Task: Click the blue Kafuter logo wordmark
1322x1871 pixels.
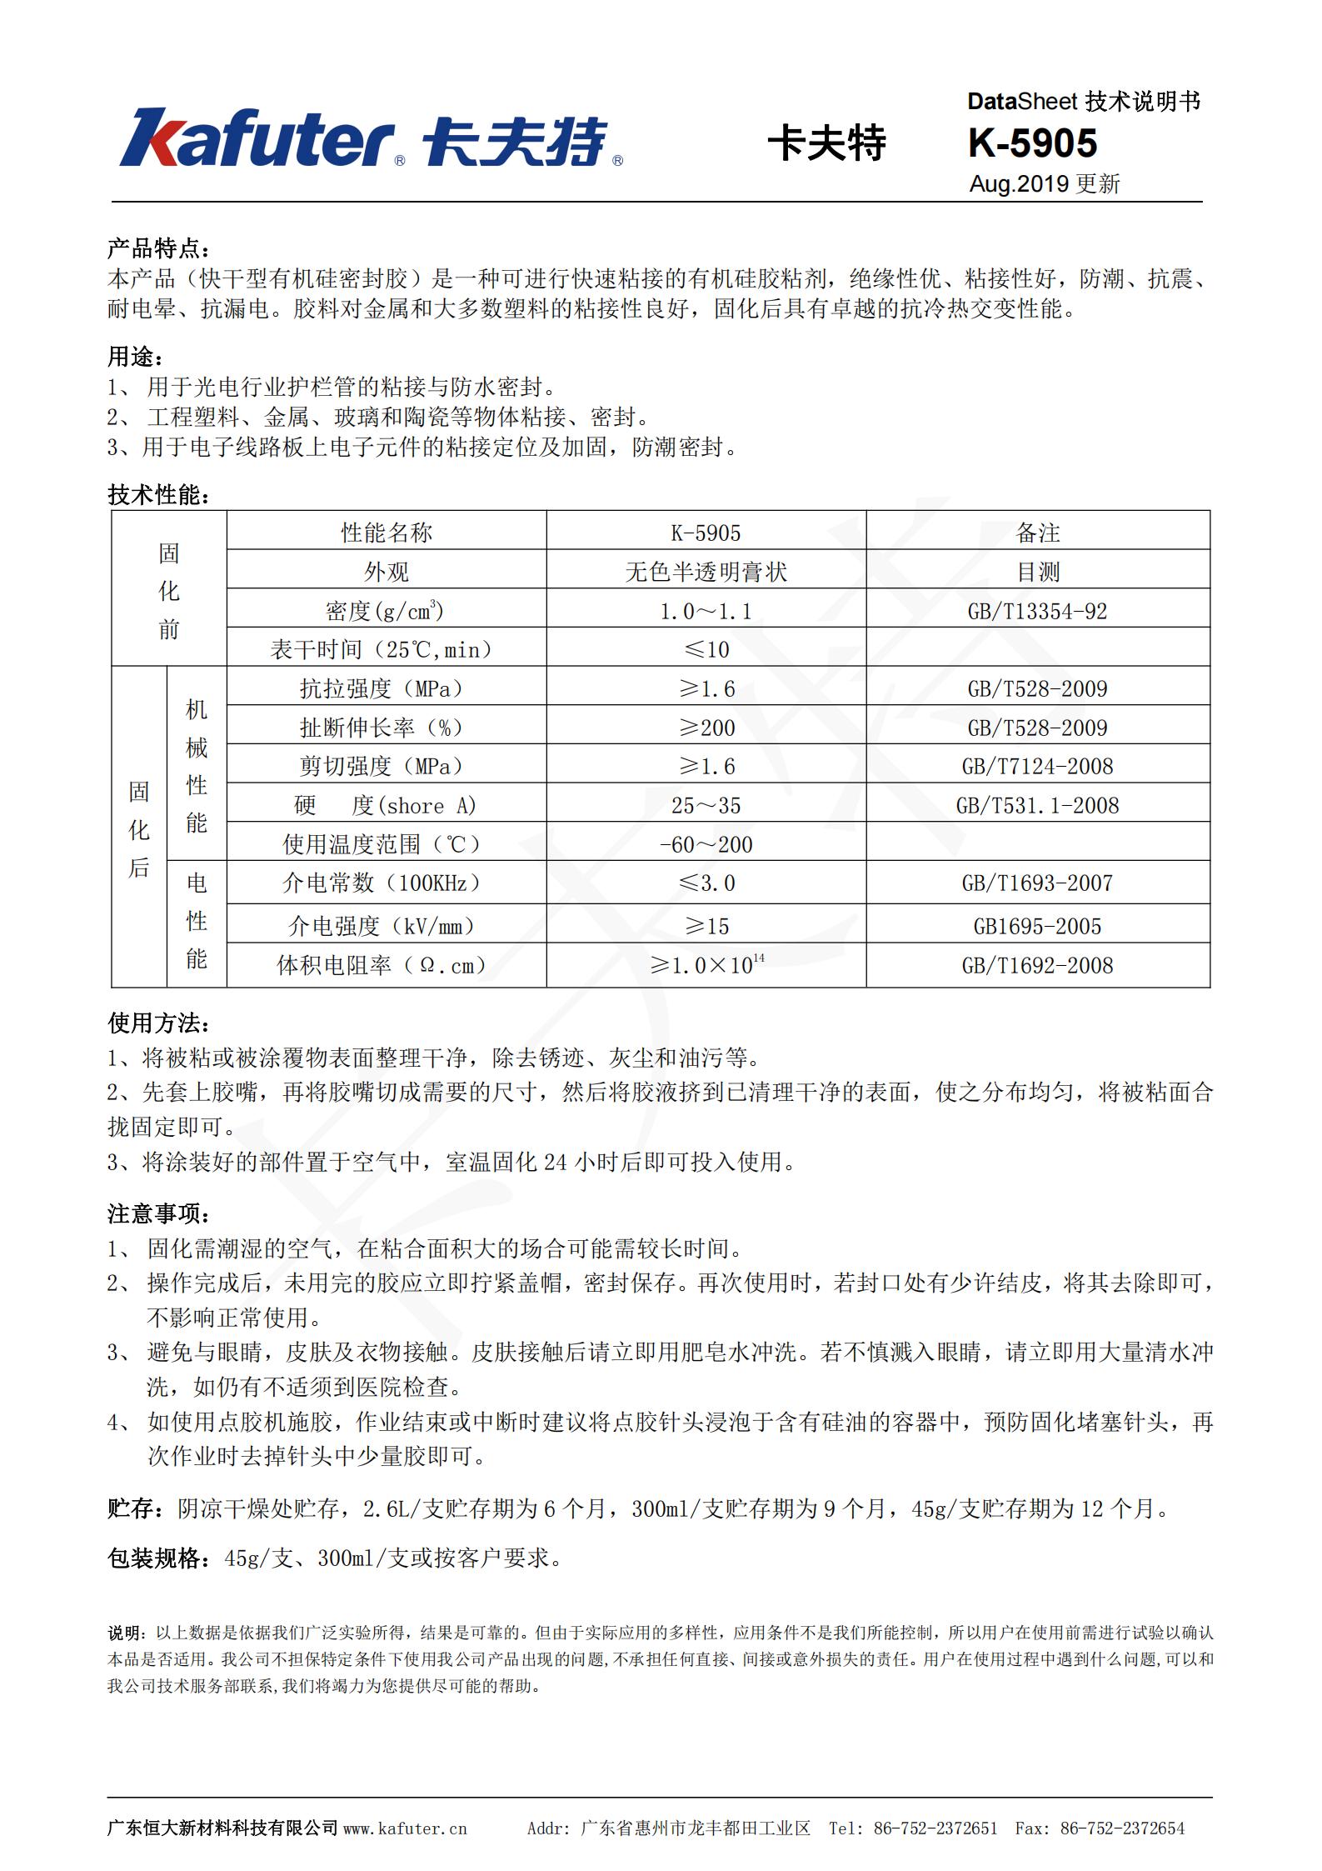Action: coord(258,138)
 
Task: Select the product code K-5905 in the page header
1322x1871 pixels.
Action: coord(1032,143)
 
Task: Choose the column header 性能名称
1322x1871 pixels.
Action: coord(387,533)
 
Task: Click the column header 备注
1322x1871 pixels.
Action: coord(1037,533)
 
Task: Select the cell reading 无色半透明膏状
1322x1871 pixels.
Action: coord(706,572)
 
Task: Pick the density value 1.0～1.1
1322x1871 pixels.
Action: coord(706,611)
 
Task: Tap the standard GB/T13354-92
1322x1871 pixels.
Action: coord(1037,611)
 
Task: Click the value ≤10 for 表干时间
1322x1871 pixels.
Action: coord(706,649)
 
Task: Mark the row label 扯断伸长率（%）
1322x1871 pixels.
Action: coord(382,728)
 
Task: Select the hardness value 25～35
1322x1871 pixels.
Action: coord(706,805)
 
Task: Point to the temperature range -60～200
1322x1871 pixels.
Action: coord(706,844)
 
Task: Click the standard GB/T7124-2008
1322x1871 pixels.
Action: coord(1037,766)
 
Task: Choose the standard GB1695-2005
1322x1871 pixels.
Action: coord(1037,926)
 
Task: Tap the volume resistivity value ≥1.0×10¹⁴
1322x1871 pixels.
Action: coord(707,965)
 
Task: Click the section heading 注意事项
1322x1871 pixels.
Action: coord(158,1213)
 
